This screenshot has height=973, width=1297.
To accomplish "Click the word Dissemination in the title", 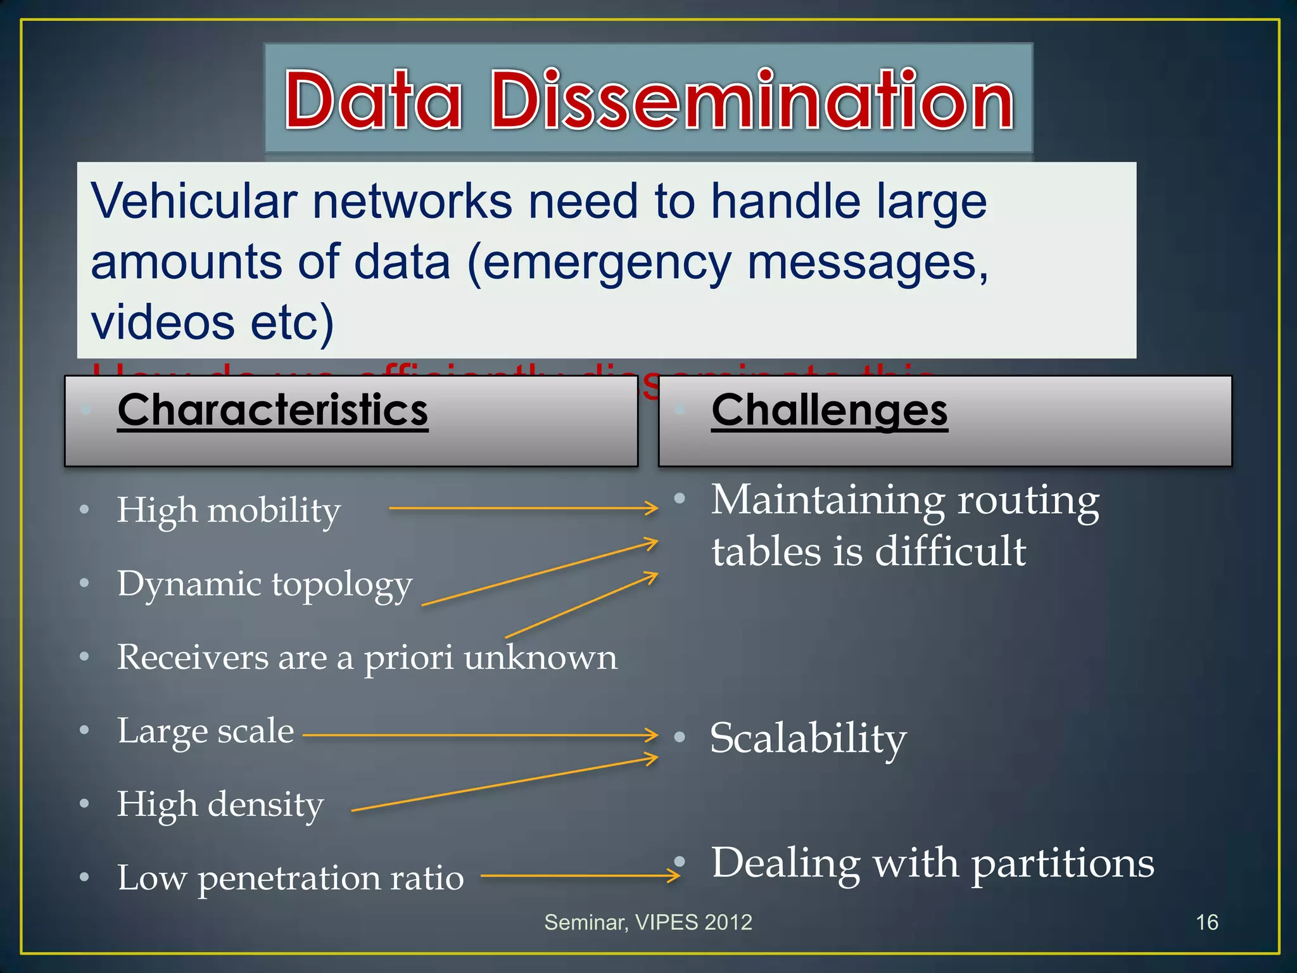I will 752,100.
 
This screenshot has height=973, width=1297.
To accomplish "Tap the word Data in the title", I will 372,100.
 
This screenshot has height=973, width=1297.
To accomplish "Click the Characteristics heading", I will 273,410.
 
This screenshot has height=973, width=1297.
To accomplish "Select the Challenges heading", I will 830,410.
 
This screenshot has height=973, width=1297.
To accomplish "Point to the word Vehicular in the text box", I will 194,201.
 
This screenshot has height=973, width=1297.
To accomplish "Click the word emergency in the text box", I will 608,263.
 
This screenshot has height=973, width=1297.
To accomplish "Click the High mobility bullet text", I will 229,511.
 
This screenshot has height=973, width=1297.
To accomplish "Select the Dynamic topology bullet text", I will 265,584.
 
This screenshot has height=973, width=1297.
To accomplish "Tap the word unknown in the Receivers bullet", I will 540,657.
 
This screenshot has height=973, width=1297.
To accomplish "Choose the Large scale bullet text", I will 206,732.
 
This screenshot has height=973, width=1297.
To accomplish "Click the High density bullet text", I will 220,804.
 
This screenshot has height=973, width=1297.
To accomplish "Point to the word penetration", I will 289,879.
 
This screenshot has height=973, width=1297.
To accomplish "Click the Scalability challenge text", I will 808,739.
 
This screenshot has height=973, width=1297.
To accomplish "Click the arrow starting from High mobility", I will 523,508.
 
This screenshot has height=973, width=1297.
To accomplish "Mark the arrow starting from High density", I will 504,784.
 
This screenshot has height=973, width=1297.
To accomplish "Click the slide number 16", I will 1206,922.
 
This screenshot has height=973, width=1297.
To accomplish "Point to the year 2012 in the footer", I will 728,922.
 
